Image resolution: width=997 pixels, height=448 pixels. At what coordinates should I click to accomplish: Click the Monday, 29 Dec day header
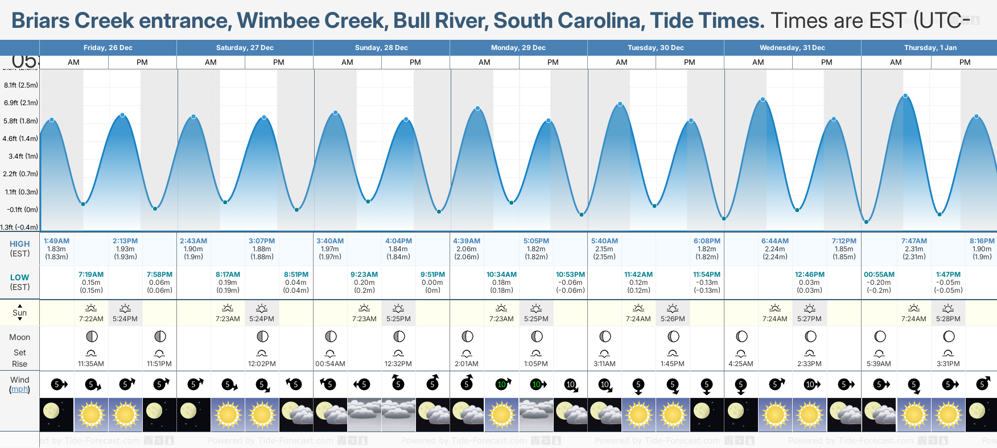(x=518, y=48)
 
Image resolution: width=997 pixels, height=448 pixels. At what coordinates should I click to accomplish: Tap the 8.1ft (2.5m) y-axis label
(x=21, y=85)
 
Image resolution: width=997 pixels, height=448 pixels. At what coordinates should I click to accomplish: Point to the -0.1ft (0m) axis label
(x=22, y=210)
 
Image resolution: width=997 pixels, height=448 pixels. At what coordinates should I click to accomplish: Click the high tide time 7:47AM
(x=914, y=241)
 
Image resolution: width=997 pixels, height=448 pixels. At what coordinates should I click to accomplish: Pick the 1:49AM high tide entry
(x=56, y=241)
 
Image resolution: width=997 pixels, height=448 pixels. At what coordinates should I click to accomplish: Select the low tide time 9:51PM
(x=432, y=275)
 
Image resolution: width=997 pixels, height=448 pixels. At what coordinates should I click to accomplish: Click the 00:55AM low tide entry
(x=879, y=275)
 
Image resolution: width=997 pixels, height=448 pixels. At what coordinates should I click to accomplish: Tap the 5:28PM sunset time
(x=948, y=319)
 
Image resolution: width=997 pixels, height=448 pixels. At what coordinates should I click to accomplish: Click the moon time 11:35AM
(x=91, y=364)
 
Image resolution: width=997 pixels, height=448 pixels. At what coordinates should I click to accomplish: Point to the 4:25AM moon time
(x=741, y=364)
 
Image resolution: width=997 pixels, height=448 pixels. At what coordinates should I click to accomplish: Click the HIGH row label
(x=19, y=244)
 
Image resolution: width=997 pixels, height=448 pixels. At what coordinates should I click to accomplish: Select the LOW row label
(x=19, y=277)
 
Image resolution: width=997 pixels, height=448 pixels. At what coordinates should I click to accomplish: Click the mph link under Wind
(x=19, y=389)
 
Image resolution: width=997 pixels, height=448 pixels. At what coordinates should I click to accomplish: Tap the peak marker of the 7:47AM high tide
(x=905, y=96)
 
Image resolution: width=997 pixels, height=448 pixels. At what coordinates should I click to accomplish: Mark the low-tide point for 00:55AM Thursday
(x=866, y=222)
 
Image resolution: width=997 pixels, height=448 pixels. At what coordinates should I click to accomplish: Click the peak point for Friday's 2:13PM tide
(x=122, y=115)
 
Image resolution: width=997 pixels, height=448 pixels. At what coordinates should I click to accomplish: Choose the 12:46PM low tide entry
(x=809, y=275)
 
